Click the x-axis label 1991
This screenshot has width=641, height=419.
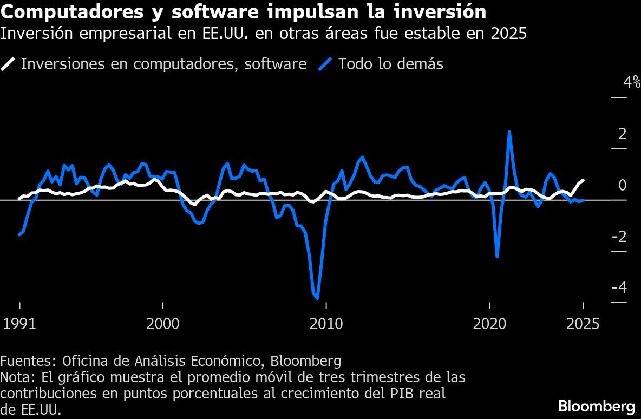pyautogui.click(x=19, y=324)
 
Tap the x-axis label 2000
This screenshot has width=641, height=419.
pyautogui.click(x=163, y=324)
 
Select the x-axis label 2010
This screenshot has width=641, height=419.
pyautogui.click(x=326, y=324)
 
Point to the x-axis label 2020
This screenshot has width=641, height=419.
pyautogui.click(x=489, y=324)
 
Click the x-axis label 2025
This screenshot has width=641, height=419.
pyautogui.click(x=583, y=324)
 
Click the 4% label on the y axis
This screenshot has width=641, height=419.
pyautogui.click(x=632, y=83)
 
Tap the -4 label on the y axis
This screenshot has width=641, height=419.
pyautogui.click(x=619, y=287)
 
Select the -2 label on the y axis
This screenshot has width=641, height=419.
pyautogui.click(x=619, y=237)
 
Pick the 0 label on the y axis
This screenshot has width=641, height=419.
pyautogui.click(x=622, y=186)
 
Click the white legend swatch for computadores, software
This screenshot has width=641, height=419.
pyautogui.click(x=8, y=64)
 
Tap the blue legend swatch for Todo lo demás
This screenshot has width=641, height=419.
pyautogui.click(x=324, y=64)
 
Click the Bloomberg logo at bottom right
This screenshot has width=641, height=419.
pyautogui.click(x=596, y=405)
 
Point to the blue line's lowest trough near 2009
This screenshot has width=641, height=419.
pyautogui.click(x=317, y=298)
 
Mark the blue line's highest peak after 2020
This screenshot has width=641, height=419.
pyautogui.click(x=509, y=132)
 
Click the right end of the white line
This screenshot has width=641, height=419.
pyautogui.click(x=583, y=180)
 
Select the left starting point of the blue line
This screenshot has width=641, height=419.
pyautogui.click(x=19, y=234)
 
